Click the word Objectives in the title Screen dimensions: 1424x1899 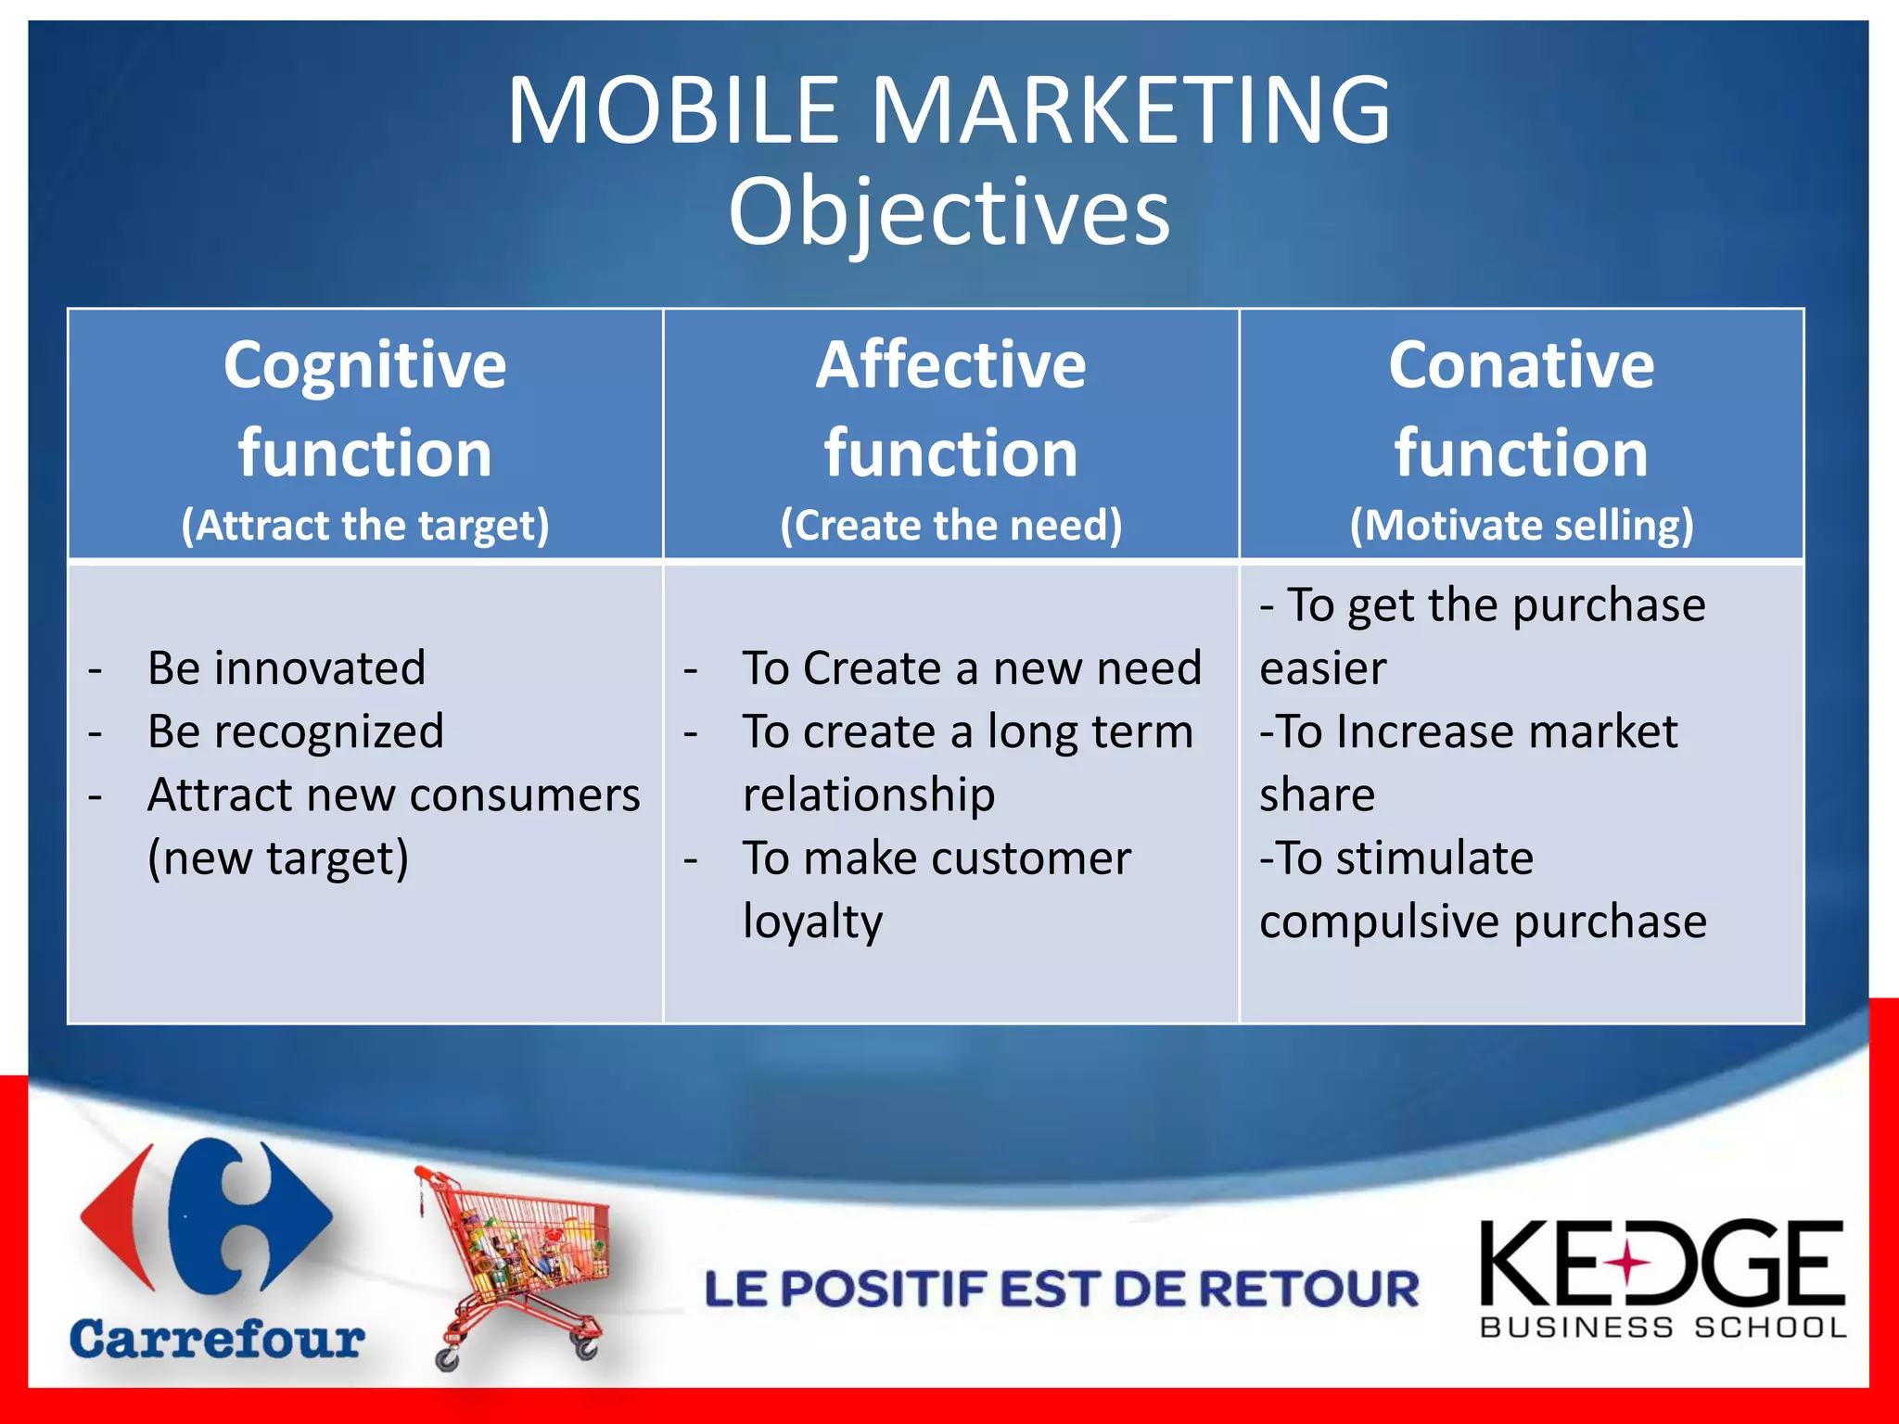click(949, 213)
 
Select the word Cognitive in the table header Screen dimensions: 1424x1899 click(364, 364)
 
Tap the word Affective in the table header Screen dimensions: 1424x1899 click(950, 364)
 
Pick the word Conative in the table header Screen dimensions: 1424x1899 click(1521, 364)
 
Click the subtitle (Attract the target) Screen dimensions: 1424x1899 click(364, 526)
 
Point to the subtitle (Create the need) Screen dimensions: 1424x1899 click(950, 526)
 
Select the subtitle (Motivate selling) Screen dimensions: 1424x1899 click(1521, 526)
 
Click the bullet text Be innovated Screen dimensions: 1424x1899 click(287, 668)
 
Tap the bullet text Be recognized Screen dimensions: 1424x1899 click(296, 731)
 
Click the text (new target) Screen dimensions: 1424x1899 click(278, 858)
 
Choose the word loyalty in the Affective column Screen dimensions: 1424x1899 click(812, 922)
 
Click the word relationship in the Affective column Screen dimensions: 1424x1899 click(869, 795)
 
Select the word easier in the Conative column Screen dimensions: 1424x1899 click(1322, 668)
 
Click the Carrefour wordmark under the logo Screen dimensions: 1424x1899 click(217, 1340)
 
